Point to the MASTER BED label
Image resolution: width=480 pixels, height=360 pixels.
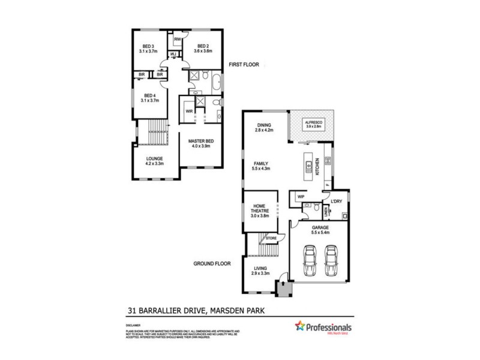coord(201,142)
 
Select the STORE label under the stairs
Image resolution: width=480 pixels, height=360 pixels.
coord(271,239)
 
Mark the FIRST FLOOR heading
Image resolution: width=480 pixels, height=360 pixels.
coord(244,64)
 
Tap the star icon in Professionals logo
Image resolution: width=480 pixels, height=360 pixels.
coord(299,326)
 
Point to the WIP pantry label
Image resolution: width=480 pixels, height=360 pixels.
coord(301,196)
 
